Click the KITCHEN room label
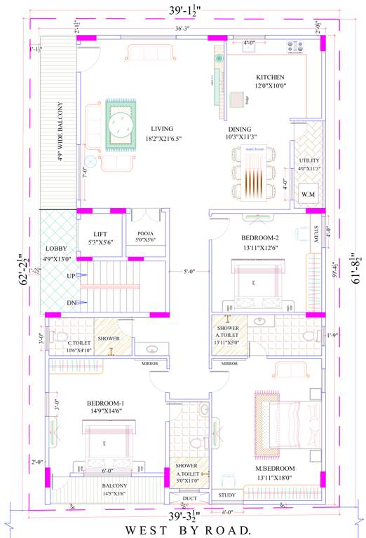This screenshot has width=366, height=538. point(269,76)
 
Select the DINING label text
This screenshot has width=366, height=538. point(238,130)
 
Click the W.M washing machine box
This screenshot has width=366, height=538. point(308,193)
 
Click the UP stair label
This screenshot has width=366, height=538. point(70,276)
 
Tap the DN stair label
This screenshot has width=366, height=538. point(70,303)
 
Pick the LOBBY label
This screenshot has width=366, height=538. point(56,249)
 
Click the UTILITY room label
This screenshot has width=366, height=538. point(309,160)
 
